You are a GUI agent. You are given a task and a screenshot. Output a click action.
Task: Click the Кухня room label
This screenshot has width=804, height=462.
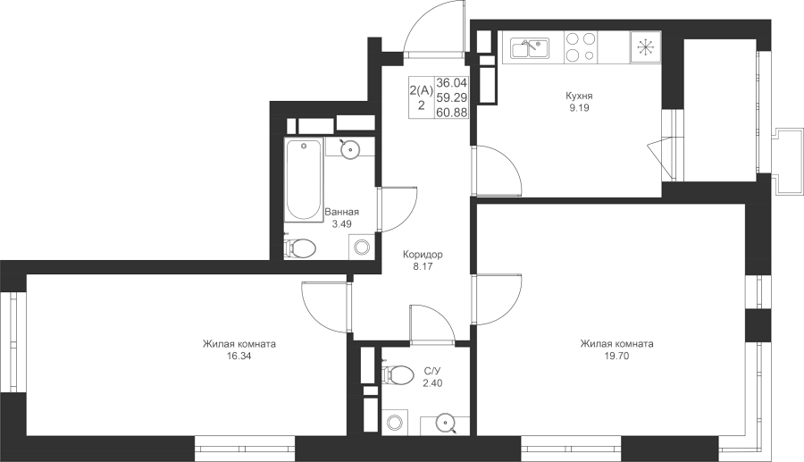click(579, 96)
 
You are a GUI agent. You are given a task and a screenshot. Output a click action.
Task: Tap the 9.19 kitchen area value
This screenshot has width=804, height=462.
click(579, 107)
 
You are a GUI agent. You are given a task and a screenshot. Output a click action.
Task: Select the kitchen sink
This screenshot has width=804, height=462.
click(530, 47)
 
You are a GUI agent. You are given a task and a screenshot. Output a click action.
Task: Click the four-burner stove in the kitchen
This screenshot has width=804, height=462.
click(581, 47)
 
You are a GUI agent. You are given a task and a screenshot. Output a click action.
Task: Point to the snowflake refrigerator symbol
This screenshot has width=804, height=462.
click(645, 47)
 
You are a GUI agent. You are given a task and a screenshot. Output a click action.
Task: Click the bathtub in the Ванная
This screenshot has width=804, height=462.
click(304, 180)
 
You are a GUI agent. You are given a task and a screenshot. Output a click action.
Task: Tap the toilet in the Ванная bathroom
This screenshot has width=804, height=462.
click(300, 248)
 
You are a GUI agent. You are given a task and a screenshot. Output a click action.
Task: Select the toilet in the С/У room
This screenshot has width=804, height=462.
click(398, 374)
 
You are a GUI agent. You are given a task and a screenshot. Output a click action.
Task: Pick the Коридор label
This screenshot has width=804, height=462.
click(423, 255)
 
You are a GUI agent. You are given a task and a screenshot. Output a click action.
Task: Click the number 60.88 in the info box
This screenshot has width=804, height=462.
click(452, 113)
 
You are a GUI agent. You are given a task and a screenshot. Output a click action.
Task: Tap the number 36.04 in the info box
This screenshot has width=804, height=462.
click(452, 83)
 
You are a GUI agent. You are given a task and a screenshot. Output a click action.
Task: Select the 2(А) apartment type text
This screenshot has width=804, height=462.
click(422, 91)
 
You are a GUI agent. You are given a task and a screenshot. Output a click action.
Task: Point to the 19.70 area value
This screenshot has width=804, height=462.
click(616, 356)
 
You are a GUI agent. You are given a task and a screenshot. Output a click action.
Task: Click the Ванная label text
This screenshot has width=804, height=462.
click(342, 212)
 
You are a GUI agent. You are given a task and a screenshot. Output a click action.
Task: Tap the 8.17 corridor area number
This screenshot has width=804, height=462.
click(423, 266)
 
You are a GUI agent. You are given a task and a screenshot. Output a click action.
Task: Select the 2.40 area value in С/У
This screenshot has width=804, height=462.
click(432, 383)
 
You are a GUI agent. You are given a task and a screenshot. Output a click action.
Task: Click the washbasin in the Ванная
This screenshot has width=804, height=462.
click(351, 149)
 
